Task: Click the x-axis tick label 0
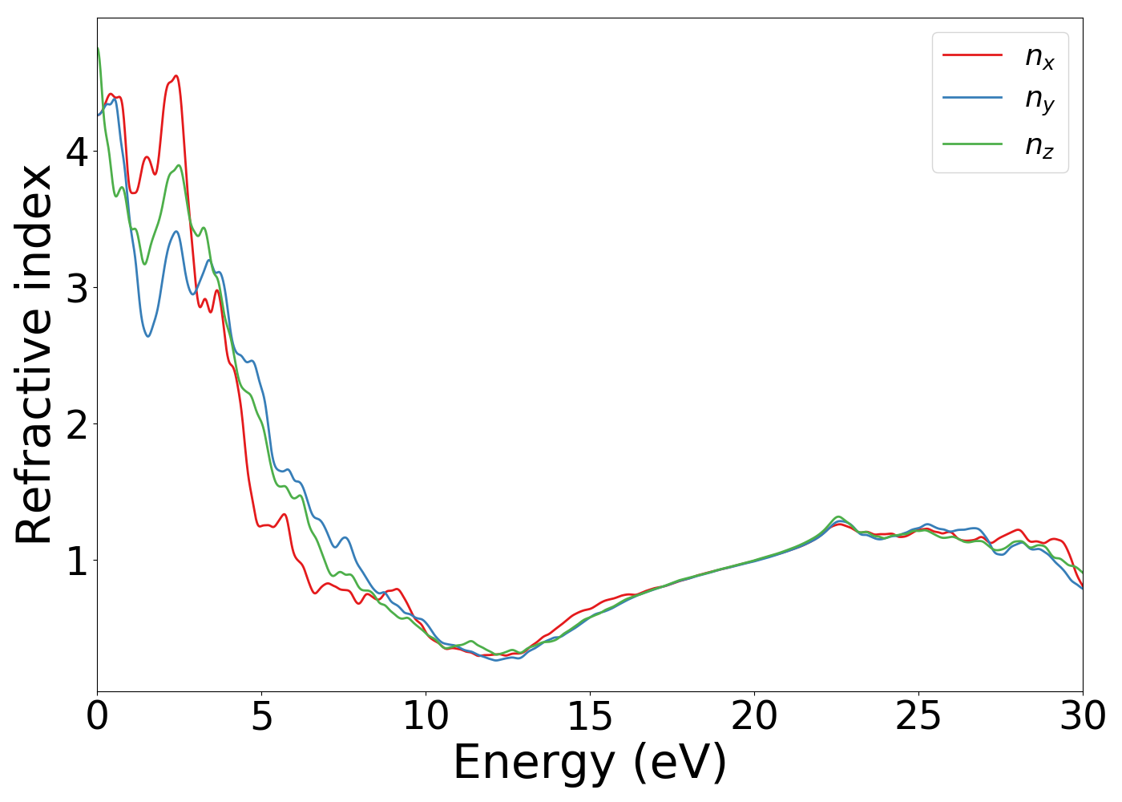click(97, 716)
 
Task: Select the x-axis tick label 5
click(261, 716)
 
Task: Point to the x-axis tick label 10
click(426, 716)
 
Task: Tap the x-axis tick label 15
click(590, 716)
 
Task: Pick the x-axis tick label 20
click(754, 716)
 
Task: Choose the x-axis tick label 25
click(918, 716)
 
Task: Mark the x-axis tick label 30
click(1083, 716)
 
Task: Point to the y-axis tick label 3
click(77, 287)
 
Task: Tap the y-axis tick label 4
click(77, 151)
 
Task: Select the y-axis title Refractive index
click(34, 354)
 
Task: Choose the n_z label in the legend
click(1039, 145)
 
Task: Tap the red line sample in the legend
click(972, 55)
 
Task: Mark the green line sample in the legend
click(972, 144)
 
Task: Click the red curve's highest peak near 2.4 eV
click(176, 76)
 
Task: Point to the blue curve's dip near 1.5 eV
click(148, 336)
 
